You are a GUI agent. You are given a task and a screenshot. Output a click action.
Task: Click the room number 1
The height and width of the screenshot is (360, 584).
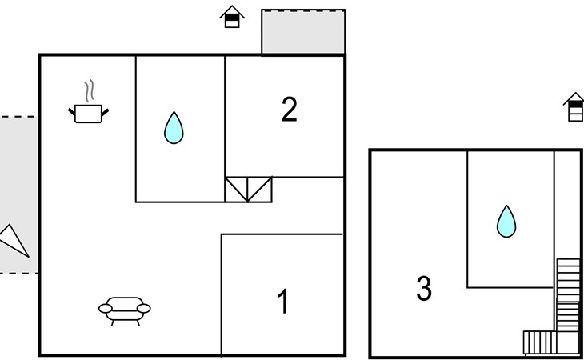pyautogui.click(x=283, y=301)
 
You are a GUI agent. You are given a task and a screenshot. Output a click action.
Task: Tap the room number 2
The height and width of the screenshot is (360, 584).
pyautogui.click(x=290, y=109)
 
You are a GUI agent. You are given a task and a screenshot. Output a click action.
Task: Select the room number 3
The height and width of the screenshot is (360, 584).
pyautogui.click(x=424, y=288)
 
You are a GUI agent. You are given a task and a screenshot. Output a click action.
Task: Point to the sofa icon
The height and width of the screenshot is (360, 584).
pyautogui.click(x=124, y=311)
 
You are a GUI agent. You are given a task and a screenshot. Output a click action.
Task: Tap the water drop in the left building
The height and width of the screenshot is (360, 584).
pyautogui.click(x=174, y=128)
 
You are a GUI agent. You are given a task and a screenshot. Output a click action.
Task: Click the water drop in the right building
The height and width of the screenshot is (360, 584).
pyautogui.click(x=506, y=221)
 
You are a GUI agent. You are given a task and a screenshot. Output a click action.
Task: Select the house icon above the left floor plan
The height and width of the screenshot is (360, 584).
pyautogui.click(x=232, y=17)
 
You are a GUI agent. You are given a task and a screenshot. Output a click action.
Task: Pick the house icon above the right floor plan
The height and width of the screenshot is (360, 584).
pyautogui.click(x=575, y=107)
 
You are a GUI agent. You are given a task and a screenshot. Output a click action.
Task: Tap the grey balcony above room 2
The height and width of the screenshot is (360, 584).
pyautogui.click(x=303, y=32)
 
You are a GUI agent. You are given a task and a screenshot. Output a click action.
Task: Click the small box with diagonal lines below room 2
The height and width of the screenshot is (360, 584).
pyautogui.click(x=249, y=190)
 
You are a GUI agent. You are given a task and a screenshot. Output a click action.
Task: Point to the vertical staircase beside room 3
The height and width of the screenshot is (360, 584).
pyautogui.click(x=568, y=295)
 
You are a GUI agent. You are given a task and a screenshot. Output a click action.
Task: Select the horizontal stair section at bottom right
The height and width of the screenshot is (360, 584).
pyautogui.click(x=551, y=342)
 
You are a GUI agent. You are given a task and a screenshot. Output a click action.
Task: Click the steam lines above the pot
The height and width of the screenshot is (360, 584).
pyautogui.click(x=89, y=91)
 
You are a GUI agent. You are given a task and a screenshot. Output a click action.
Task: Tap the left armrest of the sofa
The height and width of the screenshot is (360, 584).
pyautogui.click(x=106, y=308)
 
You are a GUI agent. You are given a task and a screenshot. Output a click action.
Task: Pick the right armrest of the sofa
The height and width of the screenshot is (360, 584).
pyautogui.click(x=144, y=308)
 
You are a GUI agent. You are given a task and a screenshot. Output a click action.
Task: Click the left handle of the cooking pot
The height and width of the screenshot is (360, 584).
pyautogui.click(x=71, y=112)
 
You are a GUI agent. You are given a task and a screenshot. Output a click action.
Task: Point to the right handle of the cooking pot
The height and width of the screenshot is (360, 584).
pyautogui.click(x=105, y=112)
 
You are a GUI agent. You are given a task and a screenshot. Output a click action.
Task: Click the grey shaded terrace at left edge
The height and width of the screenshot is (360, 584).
pyautogui.click(x=18, y=194)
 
